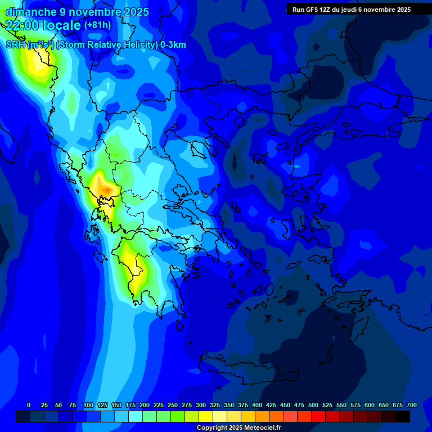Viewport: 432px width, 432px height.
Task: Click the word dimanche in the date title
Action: (30, 12)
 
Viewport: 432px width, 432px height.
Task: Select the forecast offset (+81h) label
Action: (97, 25)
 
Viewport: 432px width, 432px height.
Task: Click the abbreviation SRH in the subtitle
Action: (15, 45)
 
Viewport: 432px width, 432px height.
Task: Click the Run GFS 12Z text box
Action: (351, 10)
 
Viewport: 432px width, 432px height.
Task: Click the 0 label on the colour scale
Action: (29, 406)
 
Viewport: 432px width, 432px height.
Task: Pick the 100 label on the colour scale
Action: (88, 406)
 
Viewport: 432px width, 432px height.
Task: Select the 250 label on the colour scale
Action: (173, 406)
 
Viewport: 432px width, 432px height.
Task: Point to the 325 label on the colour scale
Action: (215, 406)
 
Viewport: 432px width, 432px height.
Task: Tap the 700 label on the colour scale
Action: (411, 406)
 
